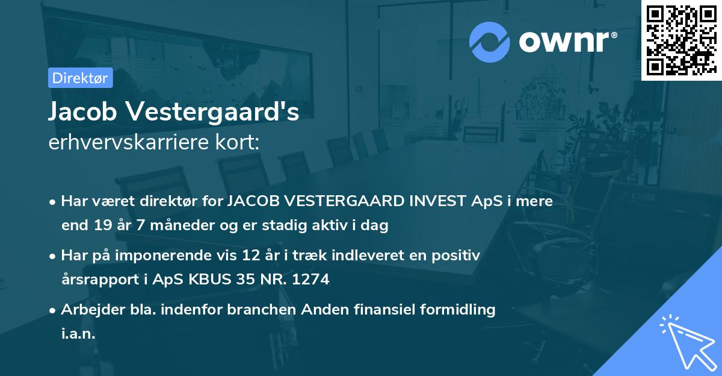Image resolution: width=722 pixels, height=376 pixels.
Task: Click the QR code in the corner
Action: tap(681, 40)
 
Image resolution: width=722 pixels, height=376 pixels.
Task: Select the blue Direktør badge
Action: tap(80, 78)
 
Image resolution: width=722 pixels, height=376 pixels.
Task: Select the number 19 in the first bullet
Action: tap(103, 226)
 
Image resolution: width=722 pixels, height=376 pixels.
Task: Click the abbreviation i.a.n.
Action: tap(78, 334)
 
